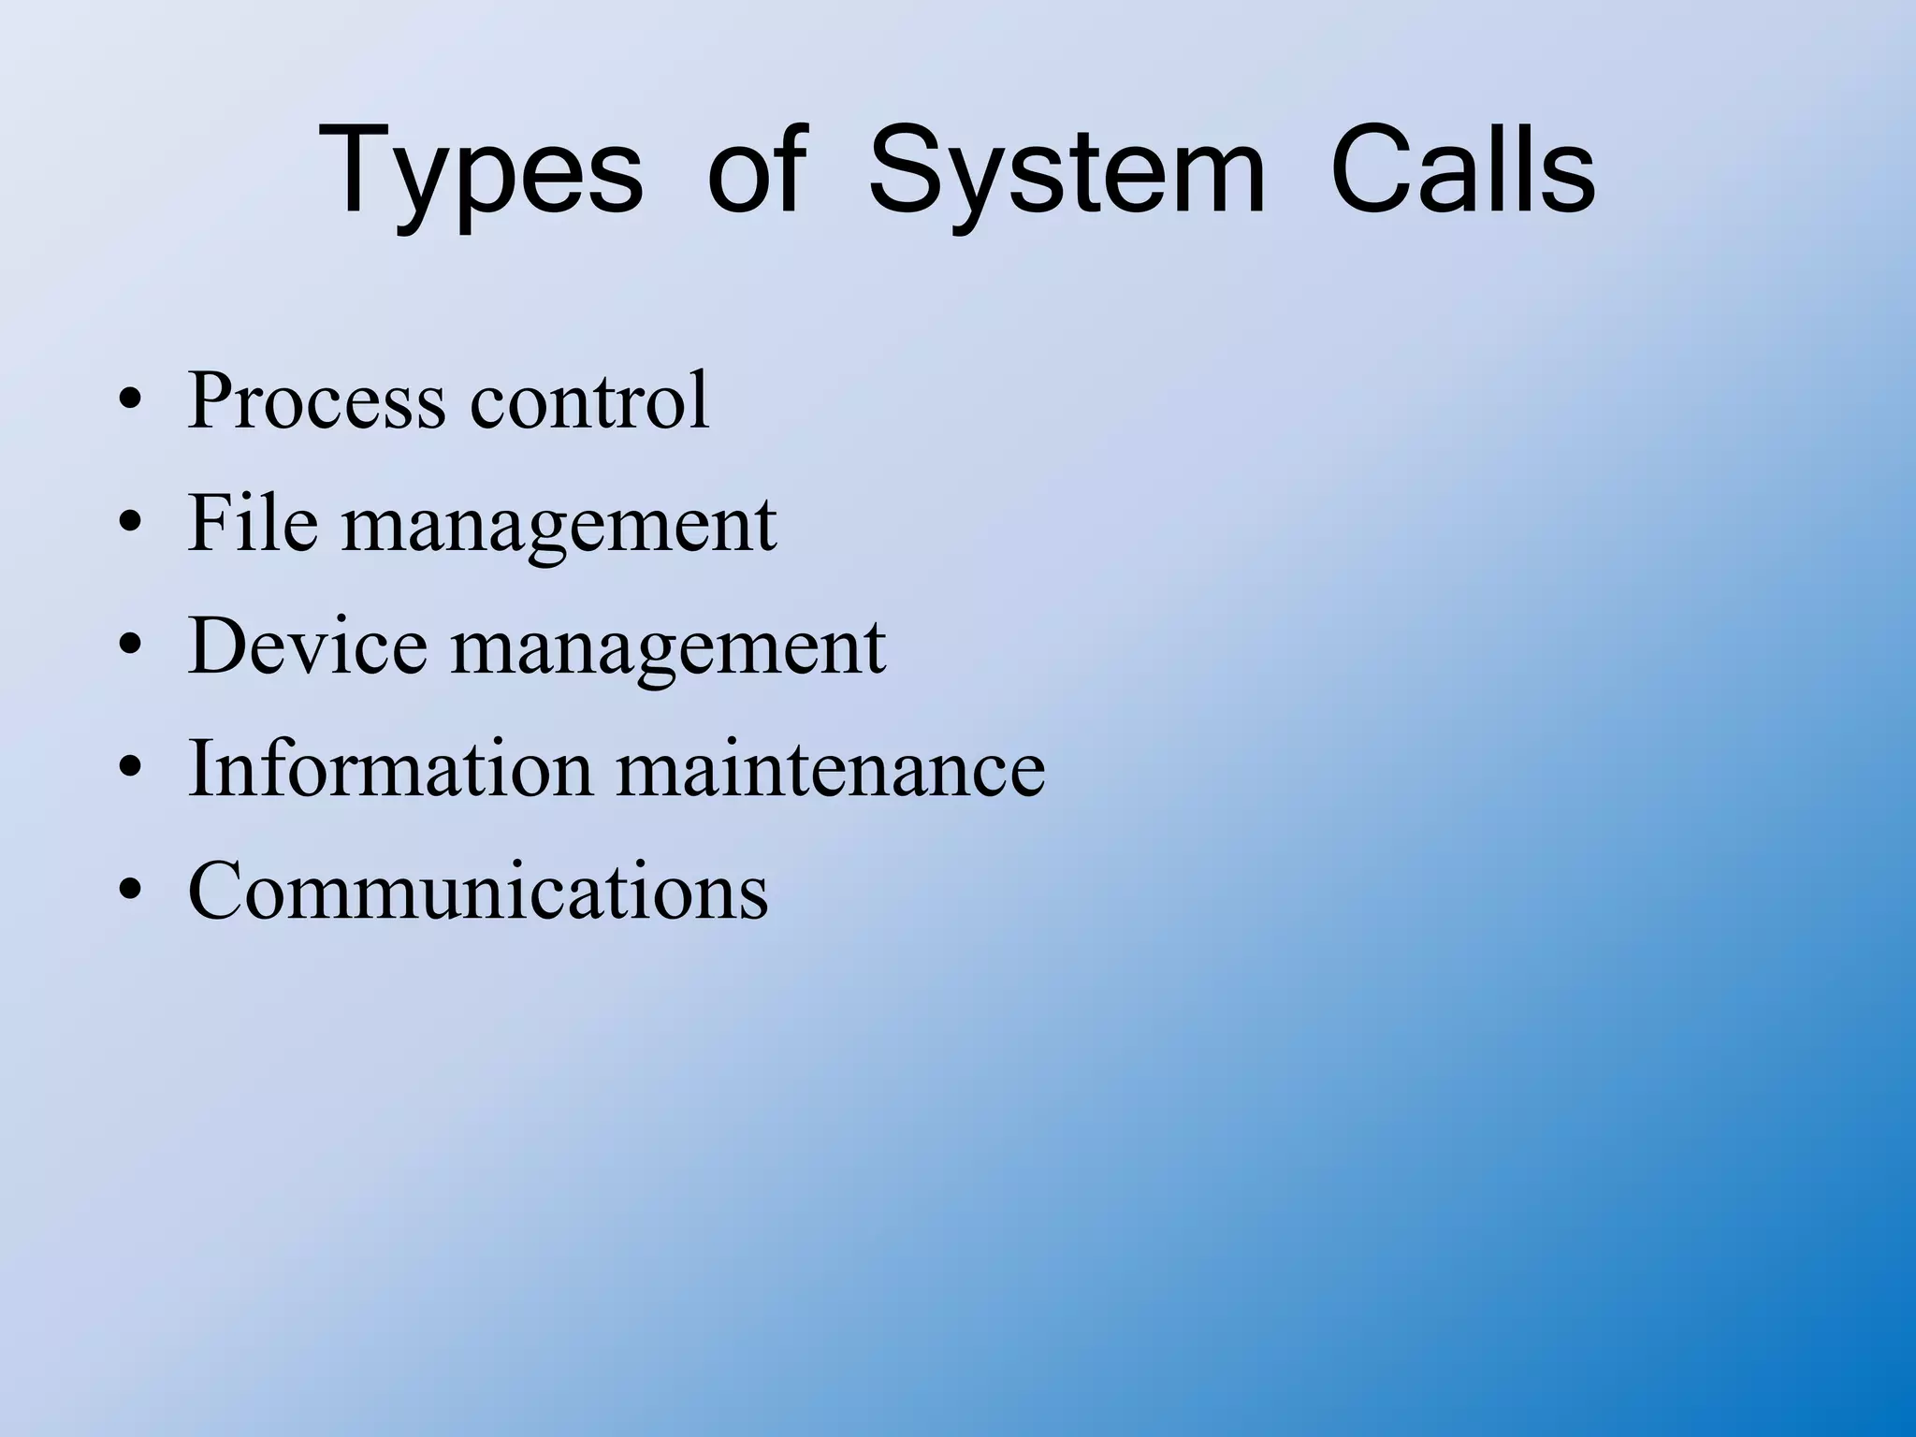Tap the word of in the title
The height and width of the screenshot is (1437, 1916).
[756, 173]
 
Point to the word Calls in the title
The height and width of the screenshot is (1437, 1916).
[1462, 173]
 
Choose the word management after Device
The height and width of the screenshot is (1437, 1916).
[668, 648]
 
